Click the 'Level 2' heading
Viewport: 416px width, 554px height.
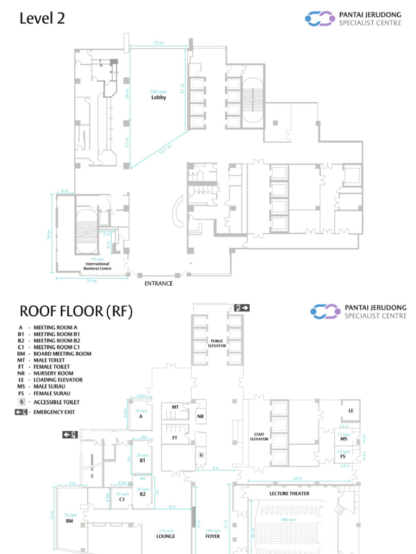(x=42, y=18)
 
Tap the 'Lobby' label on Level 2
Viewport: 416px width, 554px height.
(x=159, y=98)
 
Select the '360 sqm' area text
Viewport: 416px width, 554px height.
(x=158, y=91)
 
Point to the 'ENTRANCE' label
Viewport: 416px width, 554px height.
(x=159, y=283)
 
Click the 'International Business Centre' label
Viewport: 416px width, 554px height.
(x=98, y=266)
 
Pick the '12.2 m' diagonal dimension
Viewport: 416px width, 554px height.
(x=165, y=149)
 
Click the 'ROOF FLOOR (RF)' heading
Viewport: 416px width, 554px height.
(x=76, y=312)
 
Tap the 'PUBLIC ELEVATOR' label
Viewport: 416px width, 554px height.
(x=217, y=343)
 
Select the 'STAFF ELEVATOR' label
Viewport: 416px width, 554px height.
(x=259, y=437)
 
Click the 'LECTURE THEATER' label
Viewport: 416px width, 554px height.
(x=289, y=493)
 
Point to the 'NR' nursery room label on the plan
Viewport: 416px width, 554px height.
(x=200, y=417)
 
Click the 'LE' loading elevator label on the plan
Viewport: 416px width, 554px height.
(x=351, y=411)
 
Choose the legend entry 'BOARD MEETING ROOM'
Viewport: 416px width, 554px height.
(x=62, y=354)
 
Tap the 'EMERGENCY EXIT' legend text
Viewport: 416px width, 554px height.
(x=54, y=412)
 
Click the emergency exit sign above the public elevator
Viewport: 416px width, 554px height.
(x=242, y=308)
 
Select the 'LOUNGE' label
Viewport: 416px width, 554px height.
(x=166, y=537)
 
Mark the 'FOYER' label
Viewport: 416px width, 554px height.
(x=213, y=537)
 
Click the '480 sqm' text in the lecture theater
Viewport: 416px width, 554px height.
(x=288, y=519)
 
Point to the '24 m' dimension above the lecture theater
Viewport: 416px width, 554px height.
(x=297, y=478)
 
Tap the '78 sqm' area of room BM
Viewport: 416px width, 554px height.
(x=70, y=515)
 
